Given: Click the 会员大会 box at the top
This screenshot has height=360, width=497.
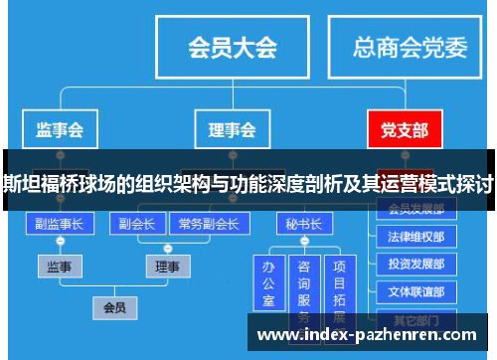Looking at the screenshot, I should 233,47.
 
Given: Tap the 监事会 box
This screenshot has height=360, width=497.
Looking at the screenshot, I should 59,130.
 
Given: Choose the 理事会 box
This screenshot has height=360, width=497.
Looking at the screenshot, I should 232,130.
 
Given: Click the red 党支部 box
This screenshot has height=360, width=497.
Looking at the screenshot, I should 405,130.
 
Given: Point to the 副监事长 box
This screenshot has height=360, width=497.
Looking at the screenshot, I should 59,224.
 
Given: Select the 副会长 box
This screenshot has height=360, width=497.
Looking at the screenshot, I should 136,224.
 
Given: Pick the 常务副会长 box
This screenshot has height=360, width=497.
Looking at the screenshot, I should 208,224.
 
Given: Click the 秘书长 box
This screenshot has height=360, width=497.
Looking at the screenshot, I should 304,224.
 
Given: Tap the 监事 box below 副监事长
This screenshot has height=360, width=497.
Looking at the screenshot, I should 59,267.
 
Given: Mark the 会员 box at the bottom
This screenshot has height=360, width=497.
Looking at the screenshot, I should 115,307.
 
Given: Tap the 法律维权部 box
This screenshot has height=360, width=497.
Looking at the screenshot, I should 416,238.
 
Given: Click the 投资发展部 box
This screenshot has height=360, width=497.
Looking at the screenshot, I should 416,266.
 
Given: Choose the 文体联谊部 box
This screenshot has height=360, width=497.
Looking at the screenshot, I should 416,292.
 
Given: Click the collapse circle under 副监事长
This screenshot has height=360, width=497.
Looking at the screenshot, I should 59,242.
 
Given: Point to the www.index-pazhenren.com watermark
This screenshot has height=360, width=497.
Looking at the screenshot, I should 367,336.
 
